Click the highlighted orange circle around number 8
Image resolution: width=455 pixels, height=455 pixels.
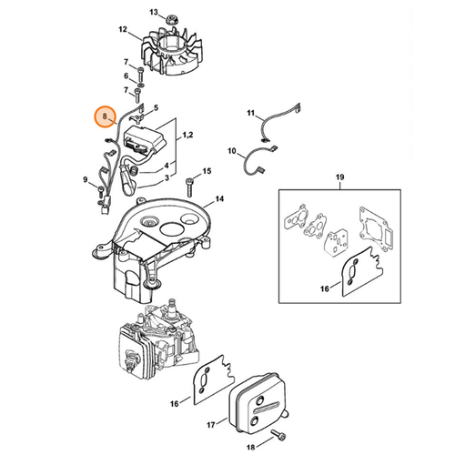pyautogui.click(x=105, y=116)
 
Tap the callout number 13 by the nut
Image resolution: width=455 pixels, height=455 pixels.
pyautogui.click(x=154, y=12)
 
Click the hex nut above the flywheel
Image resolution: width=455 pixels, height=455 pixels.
pyautogui.click(x=171, y=19)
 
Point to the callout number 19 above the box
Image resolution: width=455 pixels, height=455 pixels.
pyautogui.click(x=339, y=177)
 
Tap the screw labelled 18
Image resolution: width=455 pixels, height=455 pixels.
pyautogui.click(x=278, y=434)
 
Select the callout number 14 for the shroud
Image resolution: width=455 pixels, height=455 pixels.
pyautogui.click(x=219, y=199)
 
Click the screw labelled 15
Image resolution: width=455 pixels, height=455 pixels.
pyautogui.click(x=189, y=186)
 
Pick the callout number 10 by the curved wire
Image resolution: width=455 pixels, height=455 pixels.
pyautogui.click(x=232, y=151)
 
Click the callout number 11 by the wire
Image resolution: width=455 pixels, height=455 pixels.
pyautogui.click(x=251, y=113)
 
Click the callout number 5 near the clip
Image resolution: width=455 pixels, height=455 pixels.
pyautogui.click(x=156, y=107)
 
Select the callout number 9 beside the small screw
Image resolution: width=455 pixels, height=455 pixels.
pyautogui.click(x=86, y=180)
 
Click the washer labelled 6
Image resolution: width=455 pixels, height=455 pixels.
pyautogui.click(x=140, y=83)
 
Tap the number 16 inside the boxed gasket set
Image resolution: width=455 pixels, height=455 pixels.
pyautogui.click(x=325, y=288)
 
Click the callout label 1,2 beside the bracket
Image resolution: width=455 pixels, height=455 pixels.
pyautogui.click(x=187, y=135)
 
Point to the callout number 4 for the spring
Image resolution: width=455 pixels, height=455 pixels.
pyautogui.click(x=167, y=166)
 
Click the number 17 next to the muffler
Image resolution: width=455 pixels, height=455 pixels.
pyautogui.click(x=211, y=425)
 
